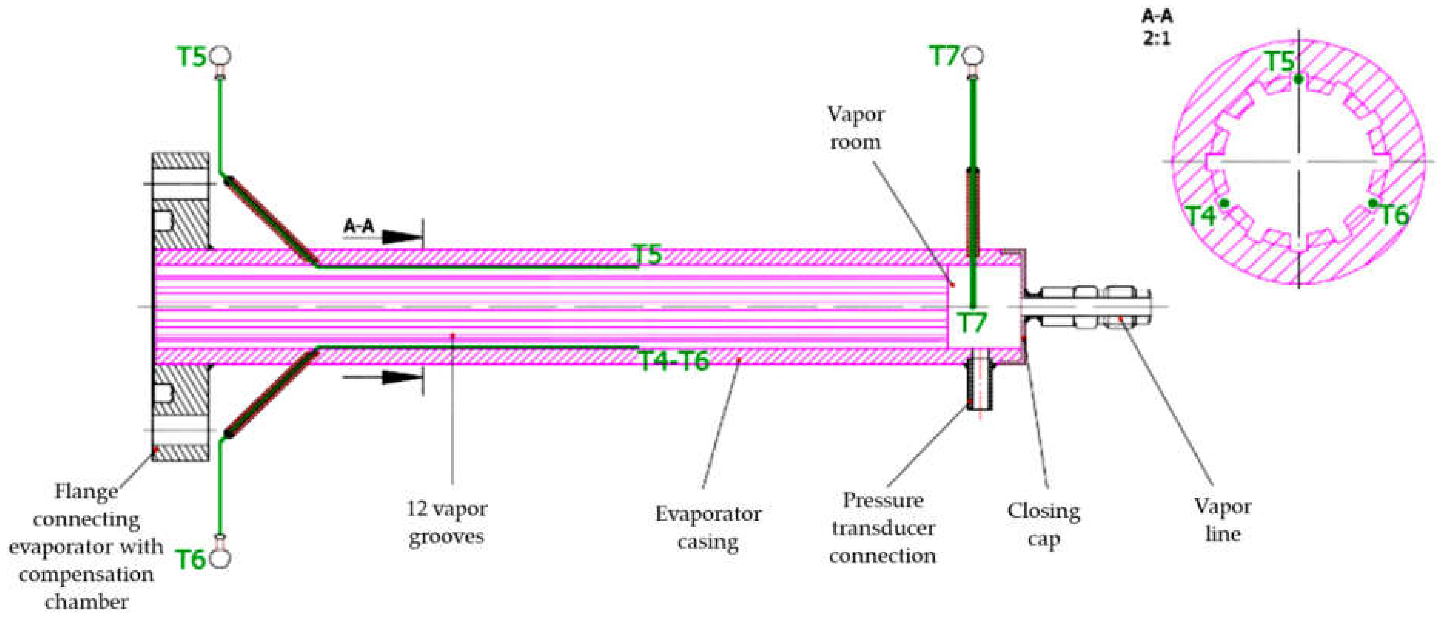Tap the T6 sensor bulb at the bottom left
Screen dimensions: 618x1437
point(221,559)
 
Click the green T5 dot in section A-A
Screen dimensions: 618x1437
point(1299,79)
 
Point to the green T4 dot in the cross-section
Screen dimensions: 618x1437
point(1224,203)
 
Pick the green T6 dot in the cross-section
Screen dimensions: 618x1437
point(1373,203)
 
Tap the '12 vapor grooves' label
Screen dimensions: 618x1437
point(446,522)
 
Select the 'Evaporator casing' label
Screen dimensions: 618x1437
point(707,527)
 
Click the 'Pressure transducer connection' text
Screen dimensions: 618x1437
point(883,527)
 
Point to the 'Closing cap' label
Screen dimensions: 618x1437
point(1043,525)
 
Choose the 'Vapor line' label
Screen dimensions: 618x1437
point(1222,520)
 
